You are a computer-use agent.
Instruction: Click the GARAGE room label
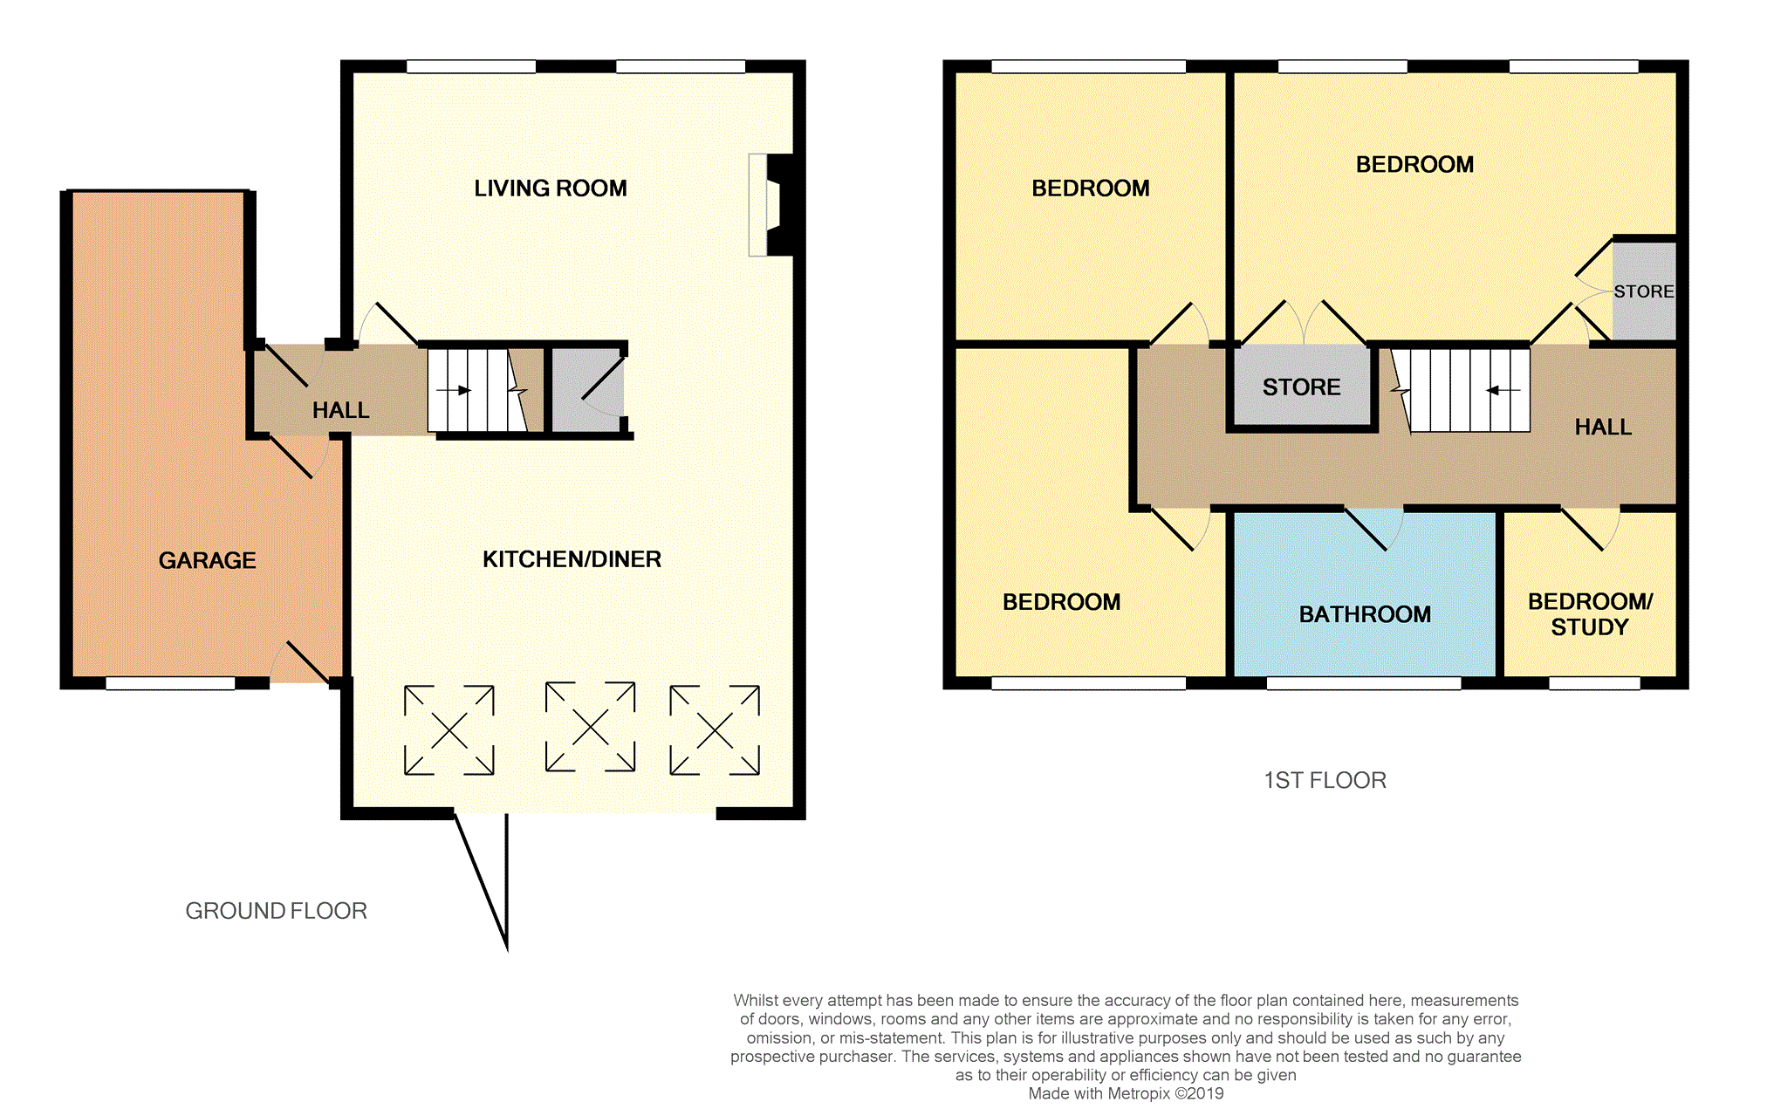pos(207,560)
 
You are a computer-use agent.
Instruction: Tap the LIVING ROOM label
pos(550,188)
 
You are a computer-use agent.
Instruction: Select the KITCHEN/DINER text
pos(572,559)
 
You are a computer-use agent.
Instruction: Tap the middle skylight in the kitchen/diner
pos(590,727)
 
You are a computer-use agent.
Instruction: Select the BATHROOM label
pos(1365,614)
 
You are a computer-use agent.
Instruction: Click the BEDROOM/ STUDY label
pos(1590,614)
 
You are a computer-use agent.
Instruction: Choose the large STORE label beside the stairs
pos(1301,387)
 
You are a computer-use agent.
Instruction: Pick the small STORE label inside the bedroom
pos(1643,291)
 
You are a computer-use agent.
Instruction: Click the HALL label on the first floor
pos(1603,427)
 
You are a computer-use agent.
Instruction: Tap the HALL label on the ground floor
pos(340,410)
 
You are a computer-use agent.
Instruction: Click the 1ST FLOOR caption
pos(1325,780)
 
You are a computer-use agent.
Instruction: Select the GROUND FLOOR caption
pos(276,911)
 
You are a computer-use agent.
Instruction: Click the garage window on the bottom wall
pos(170,683)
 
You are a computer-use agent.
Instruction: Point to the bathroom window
pos(1363,683)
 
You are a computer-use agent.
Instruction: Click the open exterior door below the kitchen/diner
pos(484,877)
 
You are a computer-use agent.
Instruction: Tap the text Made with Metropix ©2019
pos(1126,1093)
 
